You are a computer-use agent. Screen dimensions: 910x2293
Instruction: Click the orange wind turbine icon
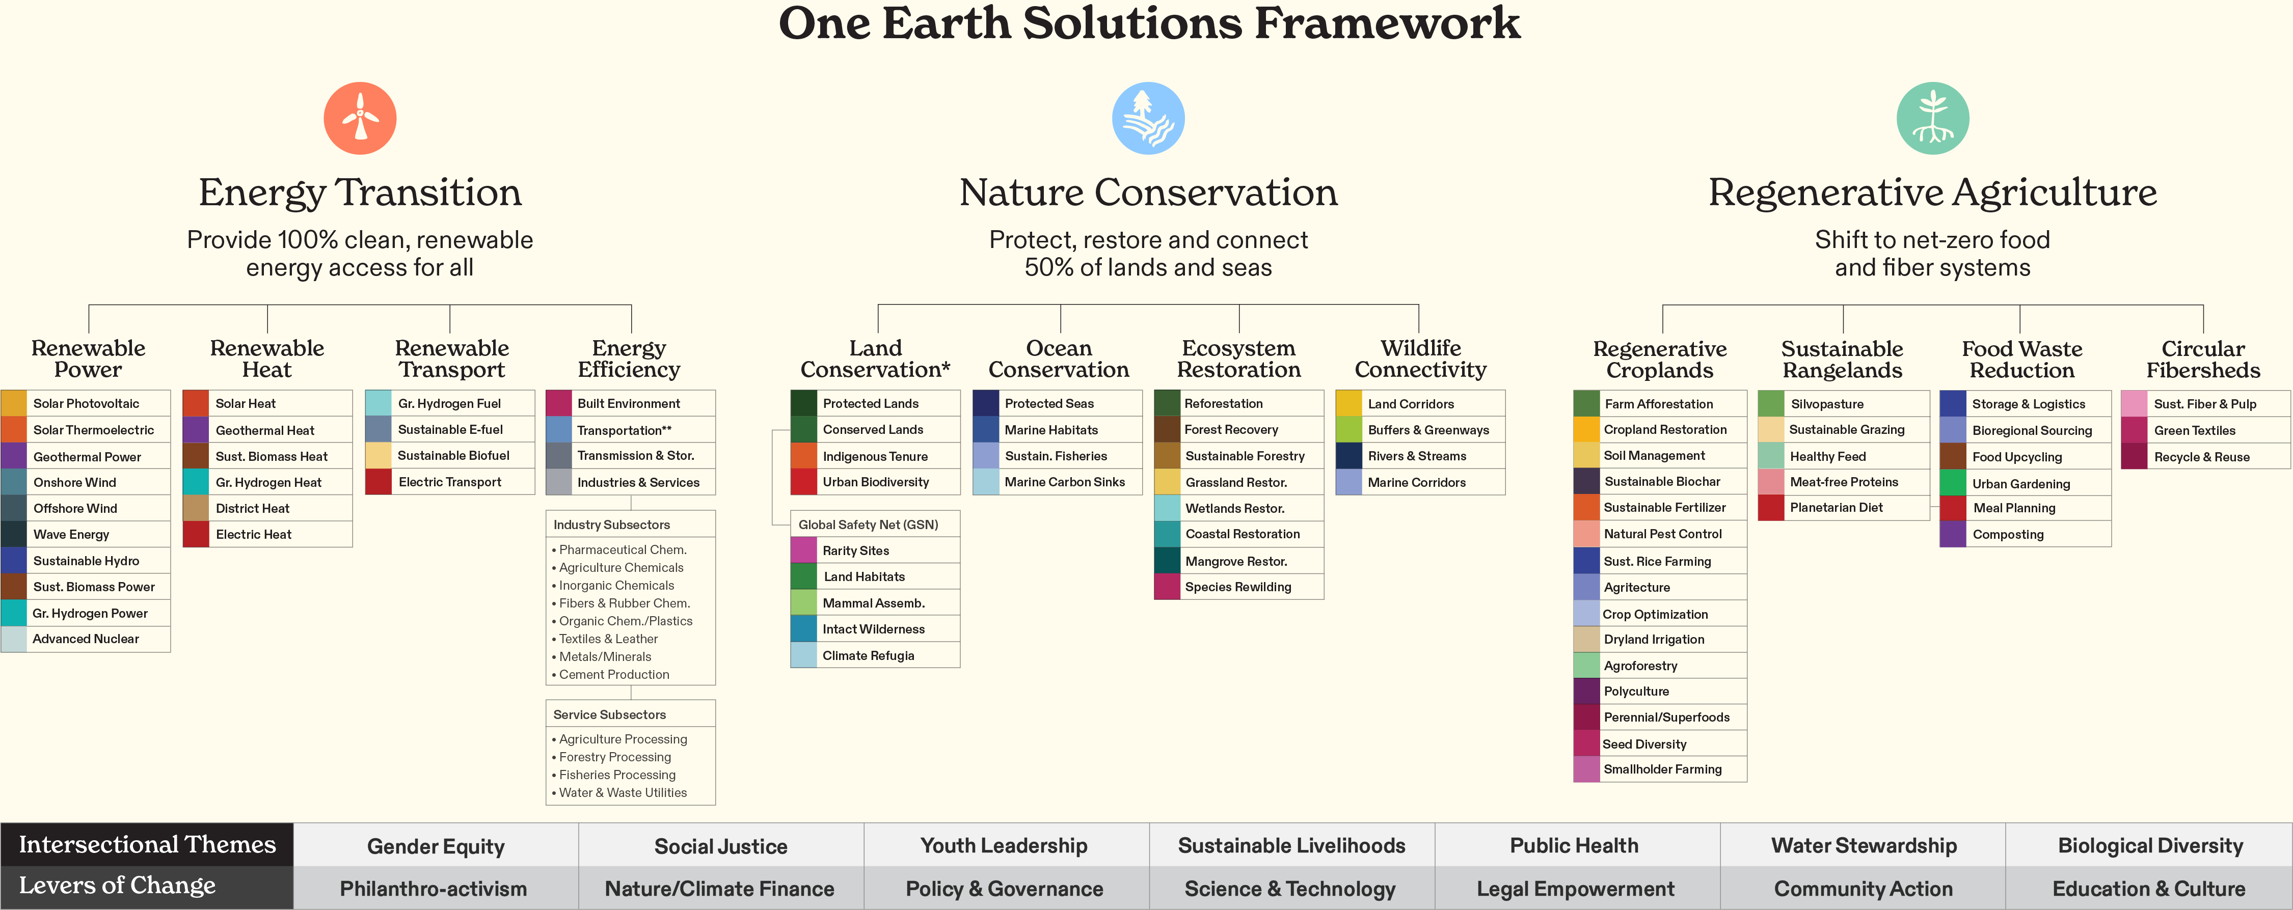pos(360,118)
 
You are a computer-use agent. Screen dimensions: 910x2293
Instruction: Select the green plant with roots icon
pos(1932,118)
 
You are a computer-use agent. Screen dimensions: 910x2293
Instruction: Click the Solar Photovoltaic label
pos(86,404)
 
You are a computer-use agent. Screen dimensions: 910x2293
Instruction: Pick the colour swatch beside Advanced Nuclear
pos(14,639)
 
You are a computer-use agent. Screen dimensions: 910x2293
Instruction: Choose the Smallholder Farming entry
pos(1662,769)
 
